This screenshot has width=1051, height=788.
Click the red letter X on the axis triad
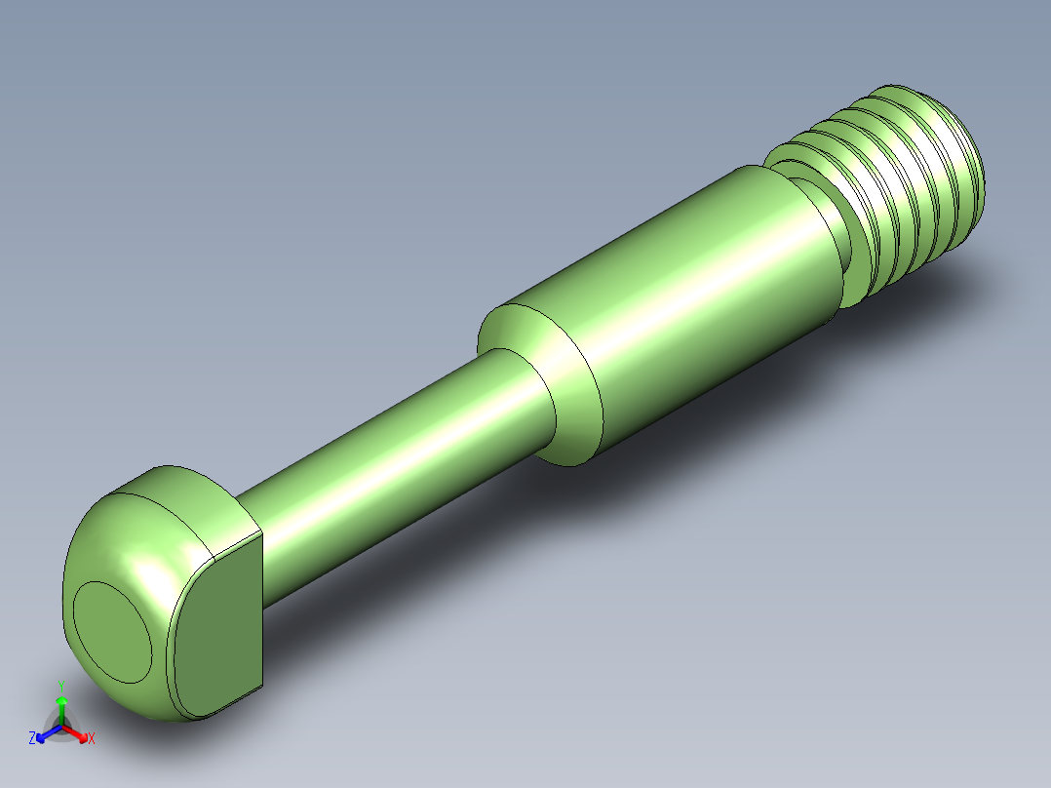[91, 739]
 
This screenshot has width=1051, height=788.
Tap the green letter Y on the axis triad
[60, 687]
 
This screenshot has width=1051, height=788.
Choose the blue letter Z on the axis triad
[32, 738]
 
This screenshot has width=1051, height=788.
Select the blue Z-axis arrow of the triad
[46, 733]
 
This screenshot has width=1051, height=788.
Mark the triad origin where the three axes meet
[61, 727]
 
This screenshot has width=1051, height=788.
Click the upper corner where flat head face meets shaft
[261, 532]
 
